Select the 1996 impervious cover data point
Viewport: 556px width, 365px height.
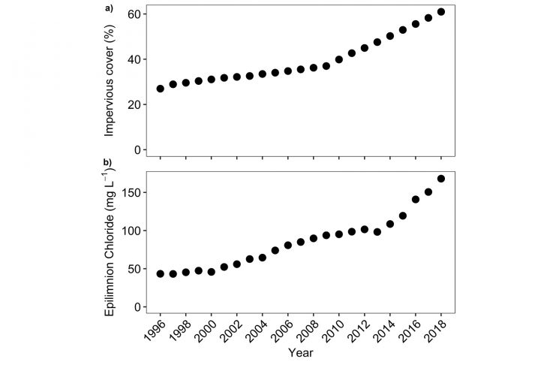point(160,89)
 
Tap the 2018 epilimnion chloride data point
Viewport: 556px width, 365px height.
point(441,179)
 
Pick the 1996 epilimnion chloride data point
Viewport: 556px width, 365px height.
point(160,274)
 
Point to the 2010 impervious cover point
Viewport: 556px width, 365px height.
point(339,59)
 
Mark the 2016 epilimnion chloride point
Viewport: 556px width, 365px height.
point(416,200)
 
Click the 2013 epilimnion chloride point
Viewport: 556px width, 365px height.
point(377,232)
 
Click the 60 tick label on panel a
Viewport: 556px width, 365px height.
point(134,14)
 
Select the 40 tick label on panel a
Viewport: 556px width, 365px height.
point(134,59)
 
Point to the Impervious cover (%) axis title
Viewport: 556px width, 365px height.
point(110,77)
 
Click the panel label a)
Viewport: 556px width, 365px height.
point(109,8)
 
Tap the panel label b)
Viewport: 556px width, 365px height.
point(109,161)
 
